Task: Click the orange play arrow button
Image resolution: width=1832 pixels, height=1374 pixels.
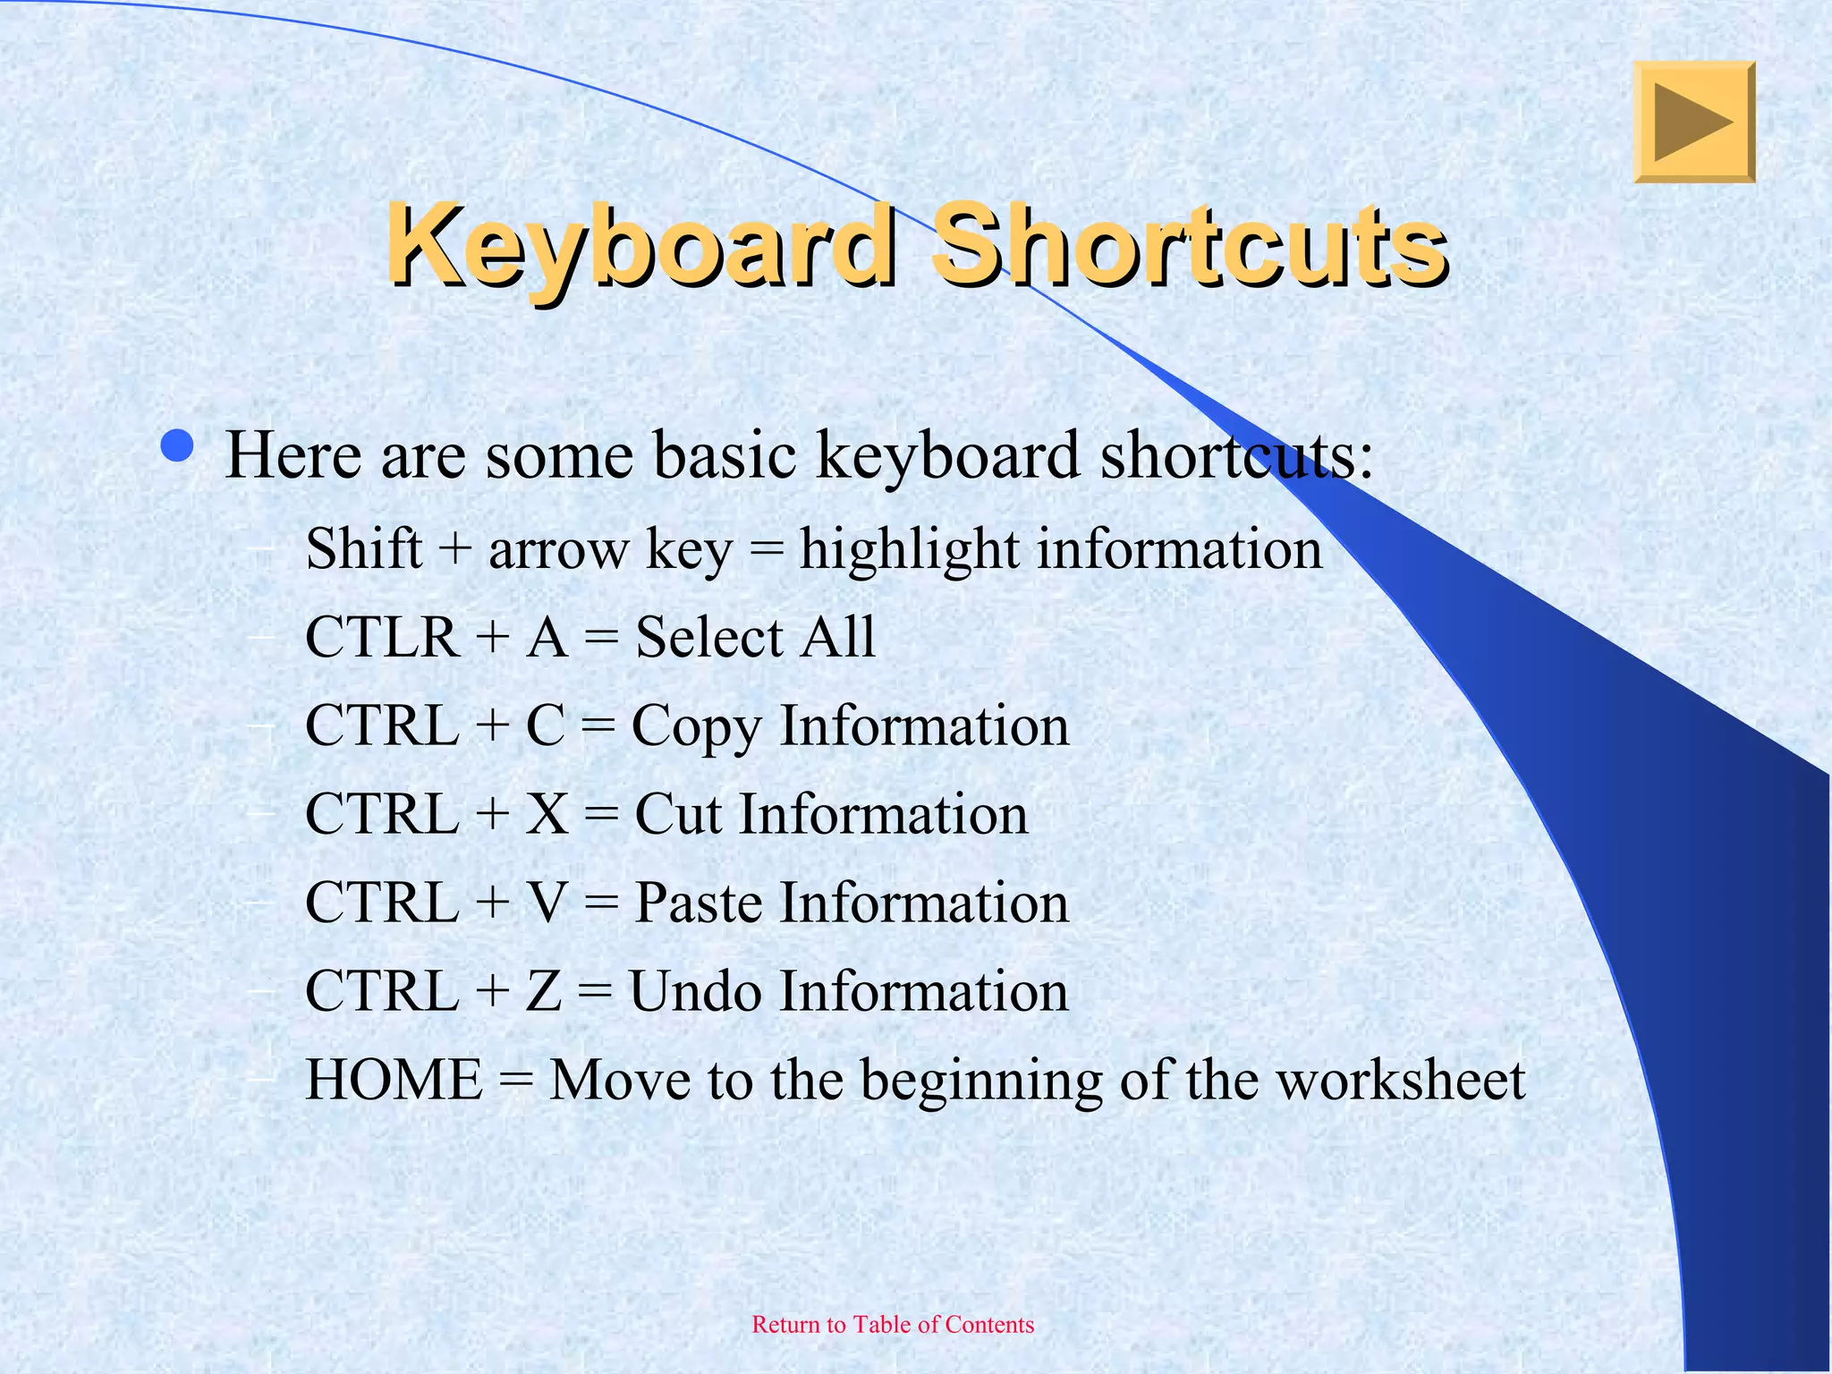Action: pos(1694,123)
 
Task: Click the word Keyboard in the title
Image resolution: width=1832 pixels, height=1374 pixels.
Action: pos(640,246)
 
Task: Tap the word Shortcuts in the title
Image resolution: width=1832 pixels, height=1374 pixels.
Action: pos(1188,246)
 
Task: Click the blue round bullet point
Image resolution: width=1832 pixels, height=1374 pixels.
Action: pos(179,446)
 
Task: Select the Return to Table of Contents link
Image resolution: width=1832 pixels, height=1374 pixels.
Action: pos(893,1325)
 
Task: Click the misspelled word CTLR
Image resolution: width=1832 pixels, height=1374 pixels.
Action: pos(382,637)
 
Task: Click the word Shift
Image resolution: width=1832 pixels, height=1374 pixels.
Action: pos(363,548)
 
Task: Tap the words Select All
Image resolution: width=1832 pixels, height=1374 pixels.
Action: pos(755,637)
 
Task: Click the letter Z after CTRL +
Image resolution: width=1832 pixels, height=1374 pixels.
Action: pos(543,991)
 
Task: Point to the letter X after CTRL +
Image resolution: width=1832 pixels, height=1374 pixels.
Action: pos(546,814)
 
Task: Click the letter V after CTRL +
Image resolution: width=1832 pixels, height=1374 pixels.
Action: pos(546,903)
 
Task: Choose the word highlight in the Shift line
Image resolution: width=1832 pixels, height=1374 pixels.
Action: pos(909,550)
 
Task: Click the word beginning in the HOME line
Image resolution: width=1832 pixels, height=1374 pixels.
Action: pos(981,1081)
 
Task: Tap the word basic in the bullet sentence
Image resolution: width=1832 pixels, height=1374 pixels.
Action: pos(725,455)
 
